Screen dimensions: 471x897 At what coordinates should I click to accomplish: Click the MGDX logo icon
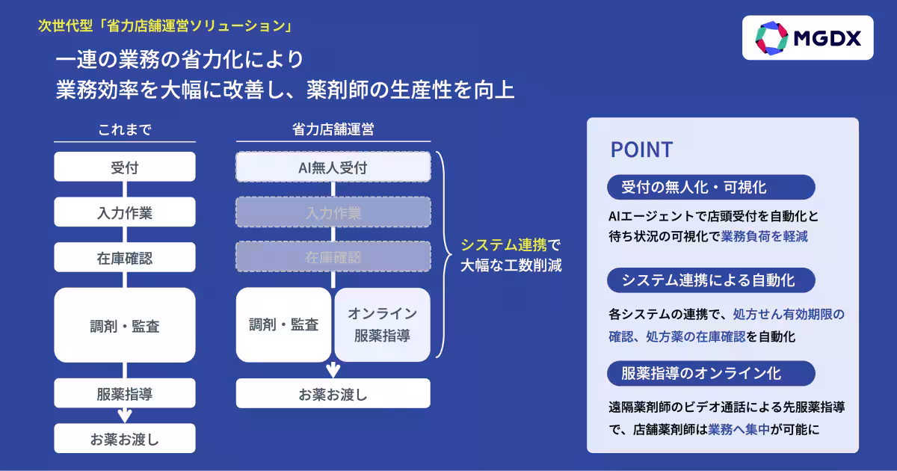point(772,38)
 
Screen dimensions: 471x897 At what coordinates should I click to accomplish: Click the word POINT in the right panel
point(641,150)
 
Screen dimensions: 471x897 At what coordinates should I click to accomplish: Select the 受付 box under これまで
point(125,167)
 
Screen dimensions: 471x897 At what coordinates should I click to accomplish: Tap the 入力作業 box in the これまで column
point(125,212)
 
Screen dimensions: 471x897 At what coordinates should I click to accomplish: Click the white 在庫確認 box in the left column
point(125,258)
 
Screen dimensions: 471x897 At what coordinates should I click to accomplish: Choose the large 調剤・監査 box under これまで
point(125,326)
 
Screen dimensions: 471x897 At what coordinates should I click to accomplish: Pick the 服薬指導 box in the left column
point(125,394)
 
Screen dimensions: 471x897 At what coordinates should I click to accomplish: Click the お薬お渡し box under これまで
point(125,439)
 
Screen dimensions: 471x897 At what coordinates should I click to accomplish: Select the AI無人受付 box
point(333,167)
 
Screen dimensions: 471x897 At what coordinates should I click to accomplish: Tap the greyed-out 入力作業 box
point(333,212)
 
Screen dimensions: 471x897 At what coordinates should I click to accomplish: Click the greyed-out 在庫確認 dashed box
point(333,257)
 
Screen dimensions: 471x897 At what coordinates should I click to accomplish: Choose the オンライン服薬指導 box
point(382,325)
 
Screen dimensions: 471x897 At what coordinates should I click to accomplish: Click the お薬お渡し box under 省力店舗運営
point(333,393)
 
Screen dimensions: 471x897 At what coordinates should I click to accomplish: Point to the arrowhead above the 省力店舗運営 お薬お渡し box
point(333,370)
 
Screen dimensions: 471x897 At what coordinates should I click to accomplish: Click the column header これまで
point(125,129)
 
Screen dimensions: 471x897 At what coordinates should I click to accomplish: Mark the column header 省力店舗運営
point(333,129)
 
